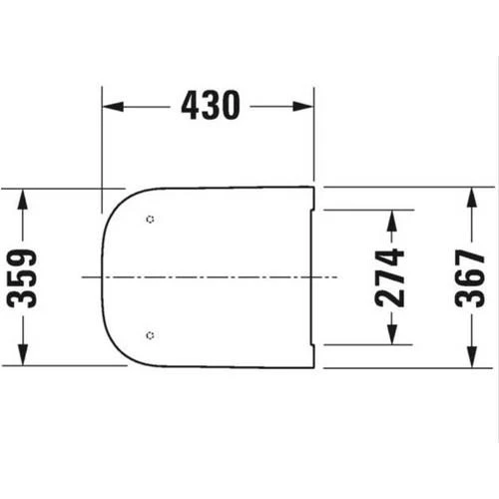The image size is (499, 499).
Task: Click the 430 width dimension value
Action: click(x=211, y=105)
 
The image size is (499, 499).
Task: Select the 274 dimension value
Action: click(x=392, y=276)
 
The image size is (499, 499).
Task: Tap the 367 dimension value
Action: click(x=472, y=276)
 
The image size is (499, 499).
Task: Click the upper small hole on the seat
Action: click(x=149, y=220)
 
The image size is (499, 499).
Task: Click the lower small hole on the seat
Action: click(x=149, y=334)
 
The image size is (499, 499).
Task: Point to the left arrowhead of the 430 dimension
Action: click(x=109, y=106)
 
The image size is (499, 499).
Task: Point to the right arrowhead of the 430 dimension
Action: click(x=308, y=106)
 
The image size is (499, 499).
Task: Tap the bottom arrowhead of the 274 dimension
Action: click(x=392, y=336)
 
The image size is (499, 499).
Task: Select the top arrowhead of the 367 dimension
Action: click(x=472, y=194)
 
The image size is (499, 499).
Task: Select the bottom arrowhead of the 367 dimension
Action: click(x=472, y=359)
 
